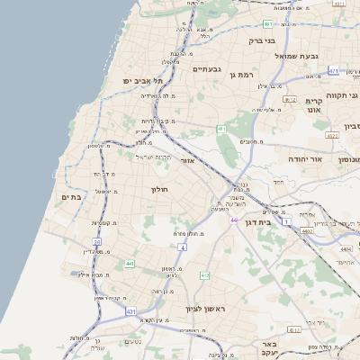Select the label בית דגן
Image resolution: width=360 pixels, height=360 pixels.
coord(257,220)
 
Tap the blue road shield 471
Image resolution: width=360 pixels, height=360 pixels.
coord(334,70)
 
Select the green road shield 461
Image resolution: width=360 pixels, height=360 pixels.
coord(221,130)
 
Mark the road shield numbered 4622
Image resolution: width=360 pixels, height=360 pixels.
coord(332,136)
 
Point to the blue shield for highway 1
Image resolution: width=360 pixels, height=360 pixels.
coord(286,220)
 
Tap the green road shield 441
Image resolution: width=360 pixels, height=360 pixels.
coord(130,263)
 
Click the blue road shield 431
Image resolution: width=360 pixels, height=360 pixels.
coord(131,310)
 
